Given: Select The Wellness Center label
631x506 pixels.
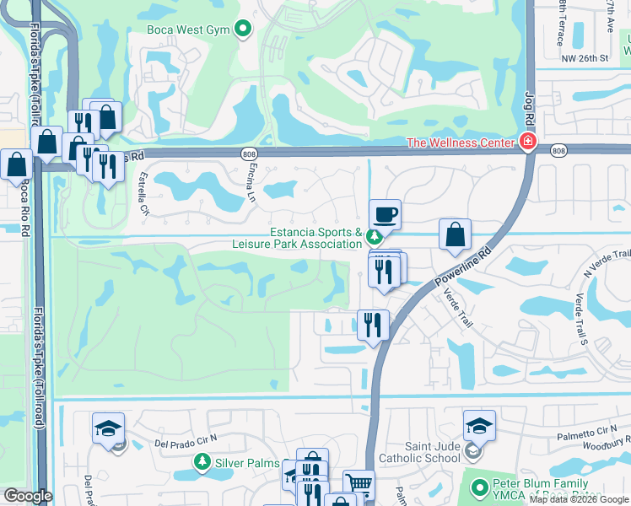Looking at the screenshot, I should [461, 143].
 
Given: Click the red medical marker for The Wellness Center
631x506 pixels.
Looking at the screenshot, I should [528, 142].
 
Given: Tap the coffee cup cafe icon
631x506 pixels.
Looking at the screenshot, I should [384, 214].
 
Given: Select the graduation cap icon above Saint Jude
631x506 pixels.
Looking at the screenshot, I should [479, 425].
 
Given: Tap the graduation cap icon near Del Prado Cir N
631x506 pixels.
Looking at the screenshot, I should [108, 428].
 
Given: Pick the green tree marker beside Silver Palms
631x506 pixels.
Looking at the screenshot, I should [202, 461].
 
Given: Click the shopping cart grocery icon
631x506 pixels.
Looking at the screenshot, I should [359, 484].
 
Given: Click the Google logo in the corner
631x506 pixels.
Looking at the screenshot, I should [28, 496].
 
